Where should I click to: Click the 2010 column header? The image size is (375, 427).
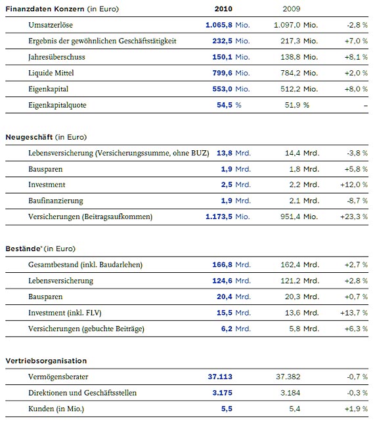[223, 9]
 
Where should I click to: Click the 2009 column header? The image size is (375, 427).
[292, 9]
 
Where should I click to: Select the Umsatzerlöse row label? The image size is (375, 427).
[51, 25]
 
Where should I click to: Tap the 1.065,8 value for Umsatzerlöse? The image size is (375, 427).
[219, 25]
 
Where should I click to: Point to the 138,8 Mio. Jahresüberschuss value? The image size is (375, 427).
[299, 57]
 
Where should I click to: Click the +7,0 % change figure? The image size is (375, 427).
[356, 41]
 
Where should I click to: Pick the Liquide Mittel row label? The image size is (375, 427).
[51, 73]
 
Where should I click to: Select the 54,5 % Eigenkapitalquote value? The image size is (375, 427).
[229, 105]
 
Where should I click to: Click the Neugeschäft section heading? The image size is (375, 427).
[29, 137]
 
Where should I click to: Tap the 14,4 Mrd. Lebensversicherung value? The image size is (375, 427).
[302, 153]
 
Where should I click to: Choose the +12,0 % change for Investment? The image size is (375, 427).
[354, 184]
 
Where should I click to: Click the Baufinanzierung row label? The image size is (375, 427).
[56, 201]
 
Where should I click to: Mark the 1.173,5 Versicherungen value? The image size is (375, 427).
[219, 216]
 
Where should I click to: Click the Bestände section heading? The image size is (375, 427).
[24, 249]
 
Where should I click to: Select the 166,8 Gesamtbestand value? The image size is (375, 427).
[222, 265]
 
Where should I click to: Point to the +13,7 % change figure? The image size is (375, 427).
[354, 313]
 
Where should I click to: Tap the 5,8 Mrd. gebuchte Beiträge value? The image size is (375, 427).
[304, 329]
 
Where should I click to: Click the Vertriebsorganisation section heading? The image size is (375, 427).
[46, 361]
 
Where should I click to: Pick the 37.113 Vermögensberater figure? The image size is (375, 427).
[220, 377]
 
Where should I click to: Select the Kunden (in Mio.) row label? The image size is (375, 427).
[56, 409]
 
